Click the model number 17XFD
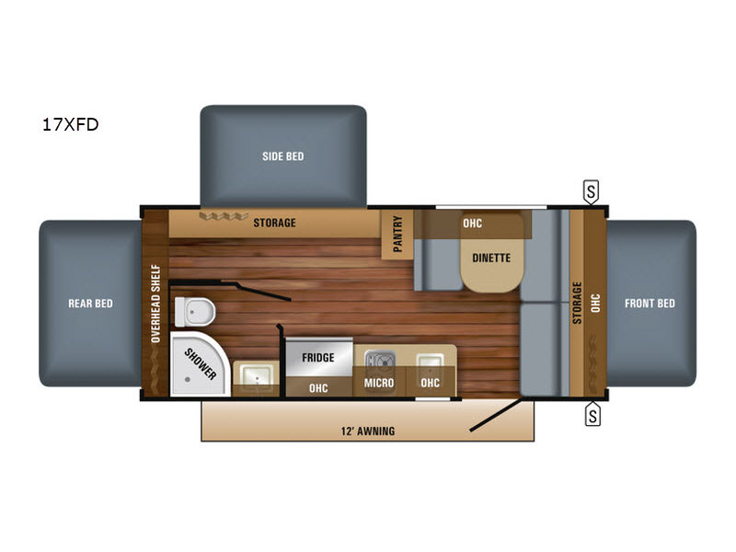click(x=71, y=124)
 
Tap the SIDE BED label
click(x=283, y=156)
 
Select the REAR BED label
click(x=90, y=304)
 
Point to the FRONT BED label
click(x=650, y=304)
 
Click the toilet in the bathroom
click(x=195, y=311)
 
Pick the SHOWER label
click(x=201, y=363)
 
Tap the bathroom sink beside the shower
click(x=256, y=375)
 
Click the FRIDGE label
click(x=318, y=358)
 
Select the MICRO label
click(x=379, y=383)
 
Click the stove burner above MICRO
click(x=380, y=361)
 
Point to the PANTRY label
click(x=397, y=234)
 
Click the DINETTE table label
click(x=491, y=258)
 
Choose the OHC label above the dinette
click(x=472, y=223)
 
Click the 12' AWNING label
click(x=367, y=431)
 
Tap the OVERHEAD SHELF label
click(x=155, y=304)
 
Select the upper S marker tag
click(x=591, y=191)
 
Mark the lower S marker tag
click(x=592, y=415)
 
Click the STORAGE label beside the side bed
click(x=274, y=223)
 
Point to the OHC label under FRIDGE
click(x=318, y=388)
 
